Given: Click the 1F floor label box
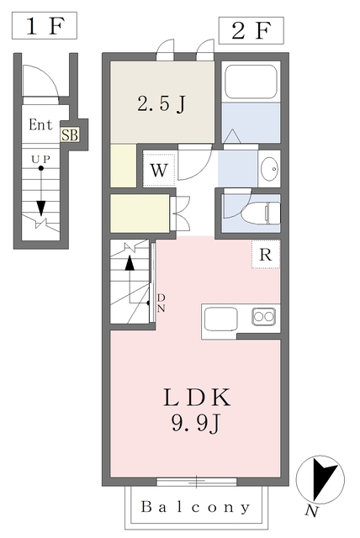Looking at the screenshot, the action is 45,25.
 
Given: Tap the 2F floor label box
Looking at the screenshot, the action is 251,30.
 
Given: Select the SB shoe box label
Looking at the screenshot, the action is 70,134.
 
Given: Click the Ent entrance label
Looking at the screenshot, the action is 40,124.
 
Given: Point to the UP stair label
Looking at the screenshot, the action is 41,159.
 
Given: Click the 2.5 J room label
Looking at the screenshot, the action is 161,103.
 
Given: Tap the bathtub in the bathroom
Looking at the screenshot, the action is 251,82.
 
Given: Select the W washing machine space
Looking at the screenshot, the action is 159,170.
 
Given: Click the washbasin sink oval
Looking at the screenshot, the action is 269,169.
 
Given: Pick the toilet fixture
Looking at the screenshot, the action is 261,213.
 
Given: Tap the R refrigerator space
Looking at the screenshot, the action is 266,254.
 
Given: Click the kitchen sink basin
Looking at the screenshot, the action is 221,319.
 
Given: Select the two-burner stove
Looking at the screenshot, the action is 263,316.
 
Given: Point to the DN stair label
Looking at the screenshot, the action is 161,303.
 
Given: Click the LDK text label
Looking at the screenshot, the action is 197,398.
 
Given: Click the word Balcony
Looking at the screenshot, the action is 196,507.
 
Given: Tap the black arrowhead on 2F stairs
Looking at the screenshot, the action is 130,263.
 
